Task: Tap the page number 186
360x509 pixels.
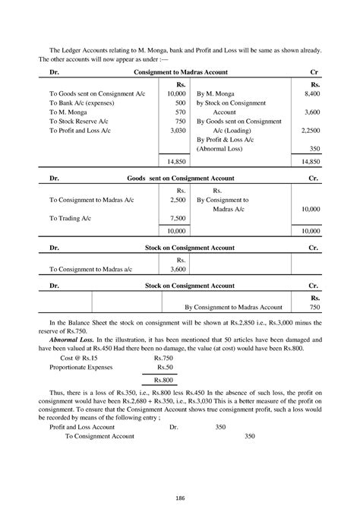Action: coord(180,497)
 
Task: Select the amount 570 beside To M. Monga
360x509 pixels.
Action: coord(181,111)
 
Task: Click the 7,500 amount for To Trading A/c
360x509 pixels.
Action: coord(178,218)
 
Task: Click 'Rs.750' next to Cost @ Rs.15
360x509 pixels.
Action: coord(163,356)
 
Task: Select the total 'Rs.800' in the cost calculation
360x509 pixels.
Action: coord(163,379)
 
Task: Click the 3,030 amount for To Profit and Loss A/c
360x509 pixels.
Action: coord(178,130)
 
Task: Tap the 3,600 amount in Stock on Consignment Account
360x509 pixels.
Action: coord(178,269)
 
